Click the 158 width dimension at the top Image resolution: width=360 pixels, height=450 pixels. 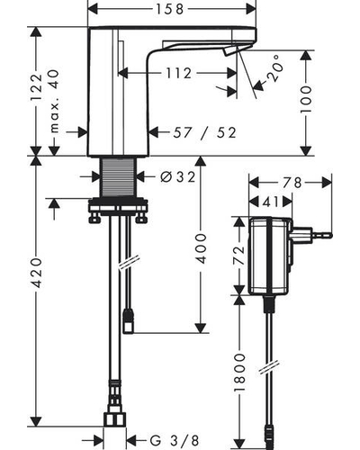(x=169, y=9)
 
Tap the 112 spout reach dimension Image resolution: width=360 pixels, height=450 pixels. (x=179, y=73)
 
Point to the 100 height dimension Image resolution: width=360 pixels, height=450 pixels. (x=306, y=99)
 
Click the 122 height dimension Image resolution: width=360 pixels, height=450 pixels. (x=37, y=87)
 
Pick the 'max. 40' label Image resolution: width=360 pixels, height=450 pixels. (x=54, y=101)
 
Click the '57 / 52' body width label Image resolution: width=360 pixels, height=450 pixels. (x=205, y=132)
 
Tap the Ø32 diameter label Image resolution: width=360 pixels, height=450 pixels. (x=178, y=176)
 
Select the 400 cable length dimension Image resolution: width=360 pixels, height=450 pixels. (x=201, y=248)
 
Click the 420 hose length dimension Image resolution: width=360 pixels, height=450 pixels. (x=37, y=272)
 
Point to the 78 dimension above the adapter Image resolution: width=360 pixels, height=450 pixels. (x=292, y=183)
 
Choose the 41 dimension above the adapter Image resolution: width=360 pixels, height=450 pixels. (x=270, y=202)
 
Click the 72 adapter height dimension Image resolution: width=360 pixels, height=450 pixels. (x=239, y=255)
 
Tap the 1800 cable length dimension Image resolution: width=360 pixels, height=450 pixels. (x=239, y=372)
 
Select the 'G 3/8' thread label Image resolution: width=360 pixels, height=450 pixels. (x=175, y=440)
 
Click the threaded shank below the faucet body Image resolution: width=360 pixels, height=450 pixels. (x=118, y=177)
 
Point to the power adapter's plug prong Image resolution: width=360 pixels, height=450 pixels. (x=321, y=234)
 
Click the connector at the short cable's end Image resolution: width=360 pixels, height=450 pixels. (x=129, y=321)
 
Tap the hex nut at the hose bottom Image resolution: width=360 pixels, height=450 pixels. (x=114, y=419)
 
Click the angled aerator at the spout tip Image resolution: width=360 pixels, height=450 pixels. (x=230, y=50)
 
